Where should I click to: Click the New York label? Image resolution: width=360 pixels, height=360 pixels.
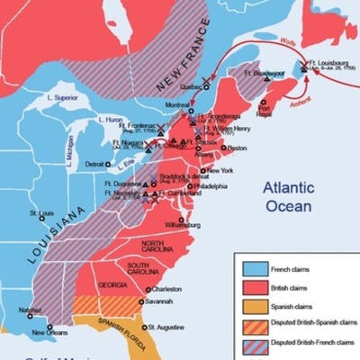tap(220, 170)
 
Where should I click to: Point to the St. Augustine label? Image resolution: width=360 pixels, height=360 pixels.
tap(166, 327)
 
